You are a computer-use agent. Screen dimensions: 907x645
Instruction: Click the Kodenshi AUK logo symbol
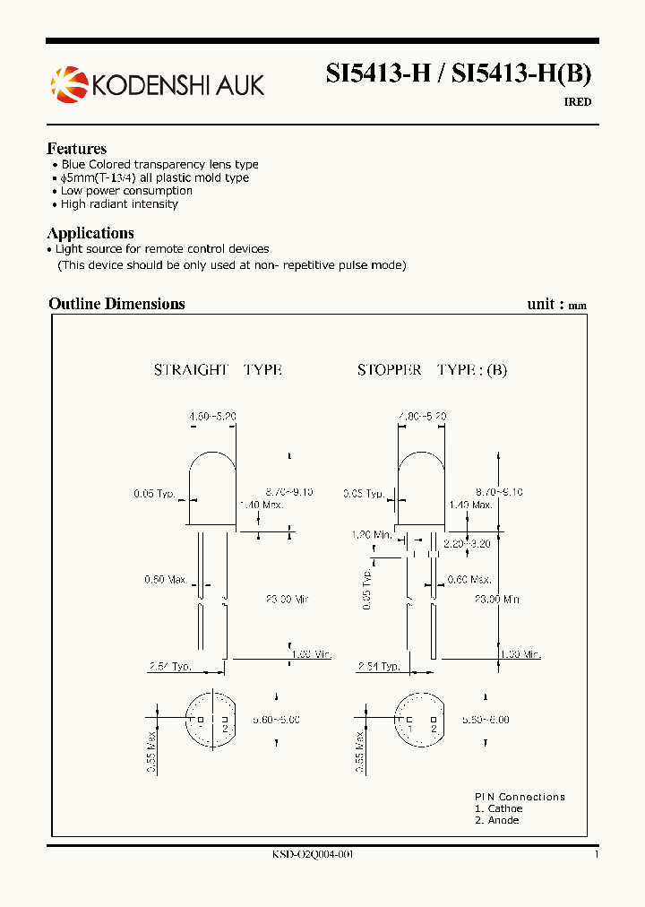click(68, 84)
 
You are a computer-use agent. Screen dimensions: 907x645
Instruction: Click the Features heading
click(76, 149)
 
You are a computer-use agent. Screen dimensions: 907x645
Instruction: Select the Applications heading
click(90, 233)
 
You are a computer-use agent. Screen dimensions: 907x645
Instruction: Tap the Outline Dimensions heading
click(116, 304)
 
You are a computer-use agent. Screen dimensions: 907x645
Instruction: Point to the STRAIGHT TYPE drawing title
click(218, 369)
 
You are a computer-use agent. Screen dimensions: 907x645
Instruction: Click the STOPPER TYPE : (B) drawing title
click(432, 369)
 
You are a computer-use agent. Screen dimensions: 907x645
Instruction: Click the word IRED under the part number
click(577, 102)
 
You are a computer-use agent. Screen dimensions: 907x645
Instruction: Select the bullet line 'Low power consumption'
click(126, 191)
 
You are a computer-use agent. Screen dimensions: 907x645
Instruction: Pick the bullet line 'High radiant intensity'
click(119, 204)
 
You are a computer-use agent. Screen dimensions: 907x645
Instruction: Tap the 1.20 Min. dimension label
click(370, 535)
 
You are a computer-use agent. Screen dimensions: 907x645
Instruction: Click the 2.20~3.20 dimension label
click(467, 543)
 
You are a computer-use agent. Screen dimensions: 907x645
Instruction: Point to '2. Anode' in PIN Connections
click(496, 820)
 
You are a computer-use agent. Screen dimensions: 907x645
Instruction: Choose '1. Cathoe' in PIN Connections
click(498, 808)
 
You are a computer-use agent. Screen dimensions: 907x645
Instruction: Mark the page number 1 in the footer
click(596, 854)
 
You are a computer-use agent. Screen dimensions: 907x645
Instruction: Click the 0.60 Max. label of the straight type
click(166, 580)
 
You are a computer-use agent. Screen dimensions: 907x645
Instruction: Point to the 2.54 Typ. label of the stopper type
click(378, 667)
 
